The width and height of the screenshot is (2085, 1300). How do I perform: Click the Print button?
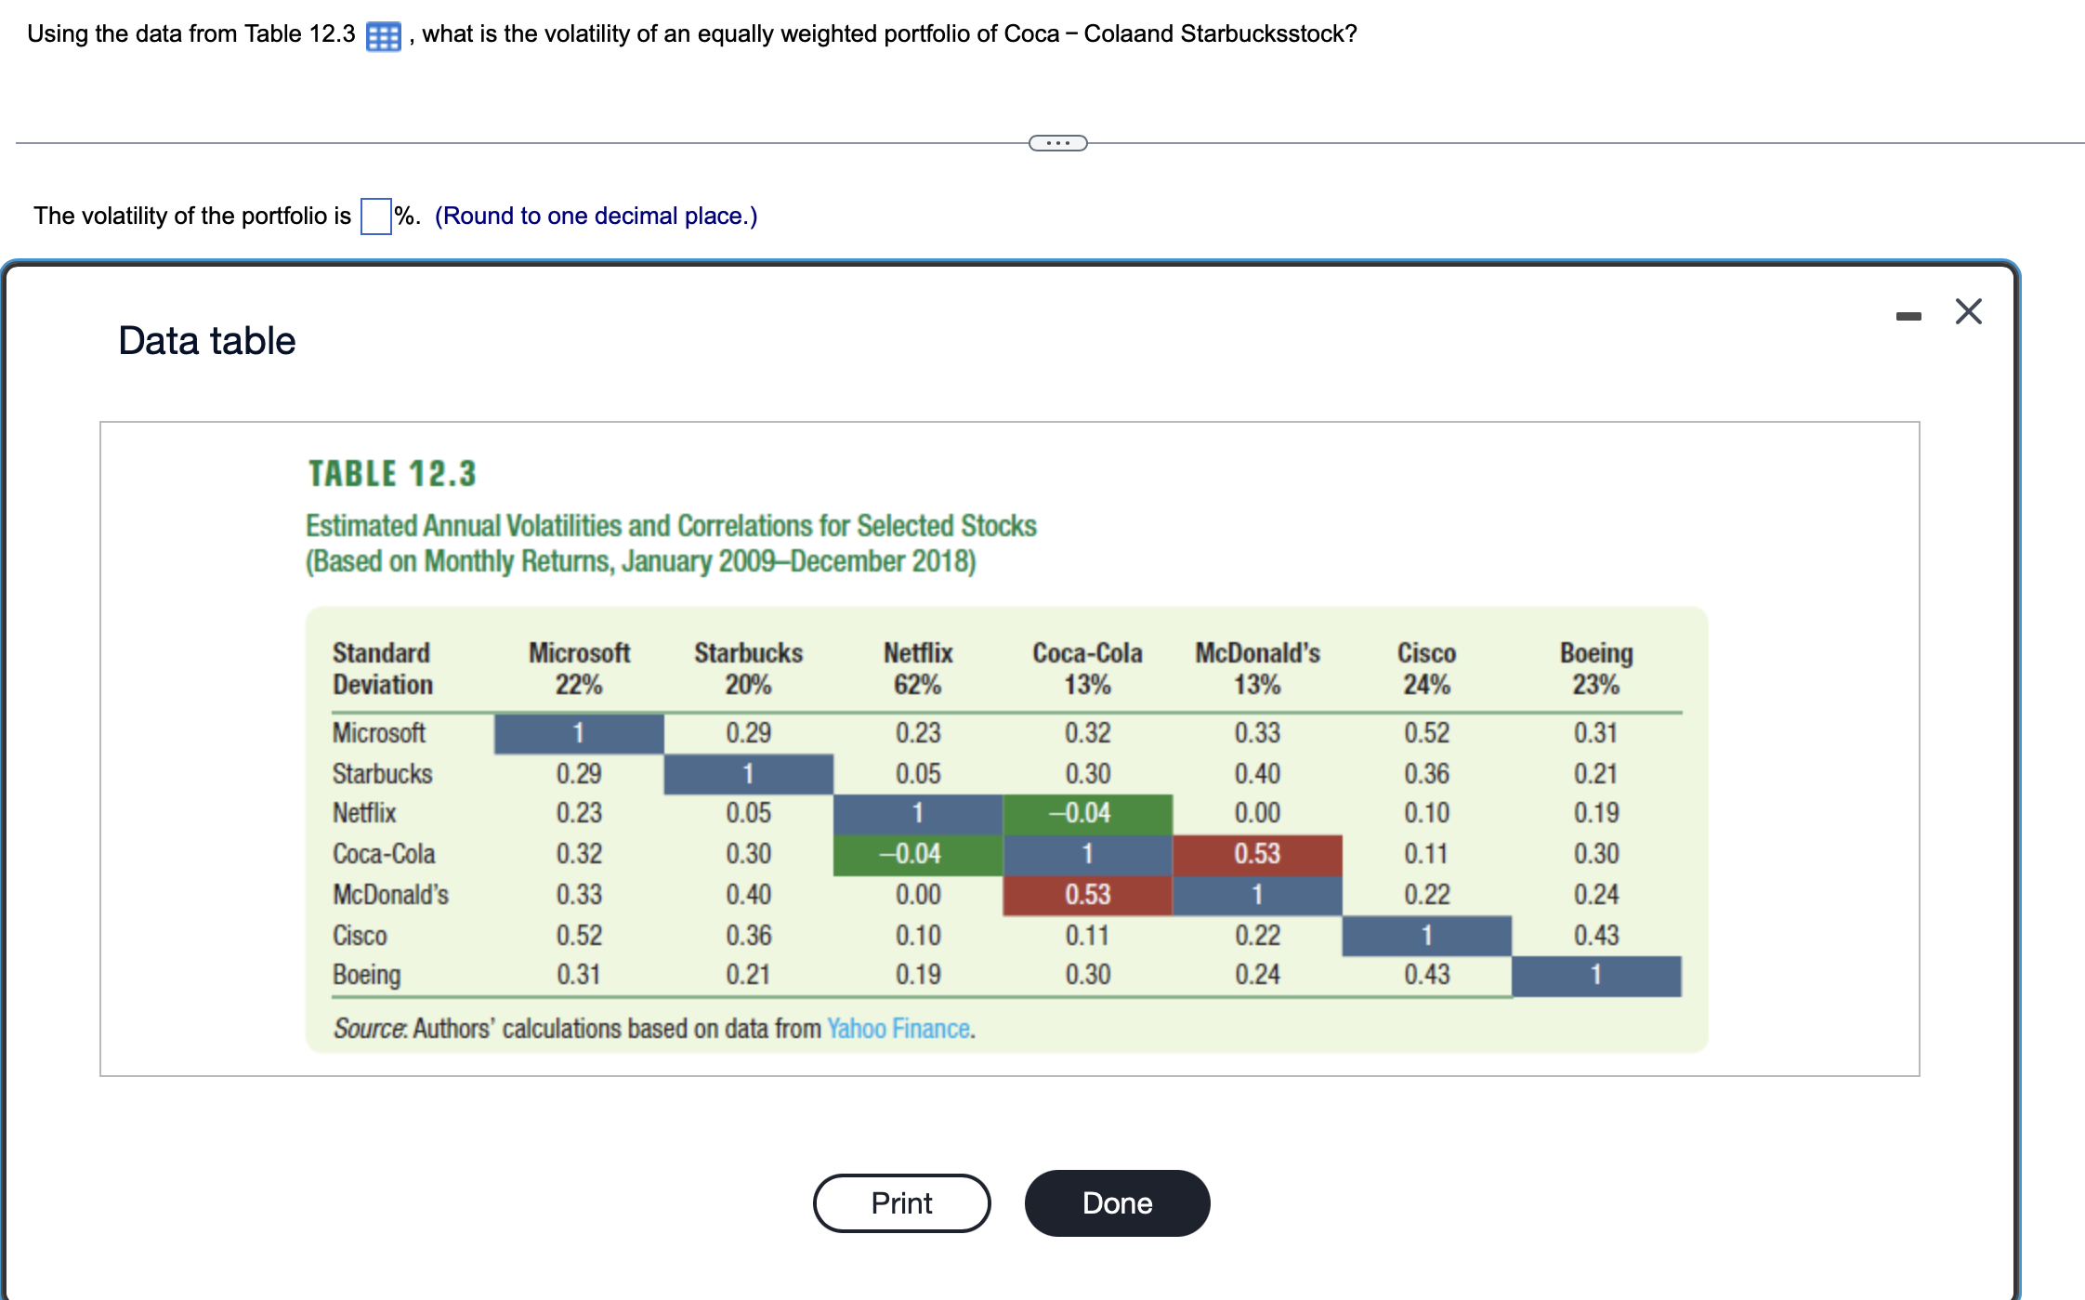[901, 1202]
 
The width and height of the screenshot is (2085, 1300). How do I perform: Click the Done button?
[1117, 1202]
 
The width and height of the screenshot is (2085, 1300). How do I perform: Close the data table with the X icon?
[1968, 311]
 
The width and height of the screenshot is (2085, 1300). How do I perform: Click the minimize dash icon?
[1908, 317]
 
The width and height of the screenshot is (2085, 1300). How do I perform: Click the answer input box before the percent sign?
[375, 217]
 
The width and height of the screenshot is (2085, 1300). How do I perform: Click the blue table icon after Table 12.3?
[383, 36]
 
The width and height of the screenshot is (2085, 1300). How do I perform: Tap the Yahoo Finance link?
[898, 1029]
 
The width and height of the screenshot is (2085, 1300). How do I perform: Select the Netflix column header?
[917, 668]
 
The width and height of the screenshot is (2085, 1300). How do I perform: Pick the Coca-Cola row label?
[384, 853]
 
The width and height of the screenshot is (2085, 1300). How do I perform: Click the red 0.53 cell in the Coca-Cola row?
[1256, 853]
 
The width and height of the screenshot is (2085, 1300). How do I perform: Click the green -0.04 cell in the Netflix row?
[1086, 813]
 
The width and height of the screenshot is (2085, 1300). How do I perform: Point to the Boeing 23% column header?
[1595, 668]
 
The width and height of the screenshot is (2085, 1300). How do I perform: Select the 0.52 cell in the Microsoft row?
[1426, 732]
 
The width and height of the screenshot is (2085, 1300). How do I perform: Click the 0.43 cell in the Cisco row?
[1595, 935]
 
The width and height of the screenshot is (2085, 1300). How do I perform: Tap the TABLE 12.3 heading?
[392, 474]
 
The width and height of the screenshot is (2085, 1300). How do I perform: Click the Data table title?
[206, 341]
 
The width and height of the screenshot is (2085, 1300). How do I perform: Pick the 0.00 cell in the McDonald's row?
[917, 894]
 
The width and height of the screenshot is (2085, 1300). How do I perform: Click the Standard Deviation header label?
[383, 668]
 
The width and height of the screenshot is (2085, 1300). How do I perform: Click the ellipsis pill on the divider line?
[1057, 143]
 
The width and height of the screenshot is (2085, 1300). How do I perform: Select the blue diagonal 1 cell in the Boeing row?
[1595, 975]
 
